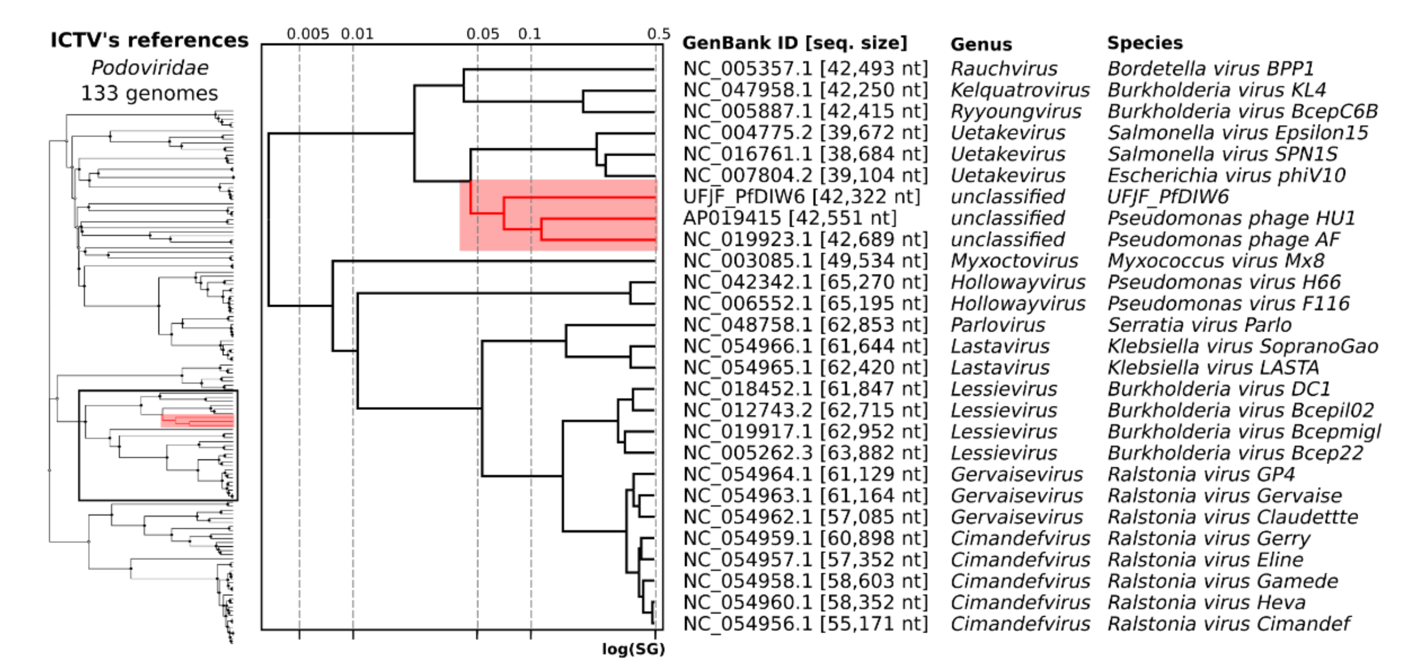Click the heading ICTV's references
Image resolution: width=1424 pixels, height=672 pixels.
[149, 40]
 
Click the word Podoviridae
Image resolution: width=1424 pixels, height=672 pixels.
[149, 68]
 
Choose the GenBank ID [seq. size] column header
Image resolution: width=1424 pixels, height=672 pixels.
[794, 43]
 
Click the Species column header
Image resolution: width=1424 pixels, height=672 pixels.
[1144, 43]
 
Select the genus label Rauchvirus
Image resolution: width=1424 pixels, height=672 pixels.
[1003, 69]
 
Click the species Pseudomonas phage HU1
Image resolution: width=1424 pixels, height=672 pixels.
[1231, 218]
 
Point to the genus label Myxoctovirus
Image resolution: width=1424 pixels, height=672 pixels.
[1014, 260]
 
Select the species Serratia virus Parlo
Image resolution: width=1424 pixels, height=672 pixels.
[1199, 325]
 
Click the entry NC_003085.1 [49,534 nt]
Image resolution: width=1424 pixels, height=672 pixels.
[805, 260]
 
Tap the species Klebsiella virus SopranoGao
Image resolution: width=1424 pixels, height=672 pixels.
[1242, 346]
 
